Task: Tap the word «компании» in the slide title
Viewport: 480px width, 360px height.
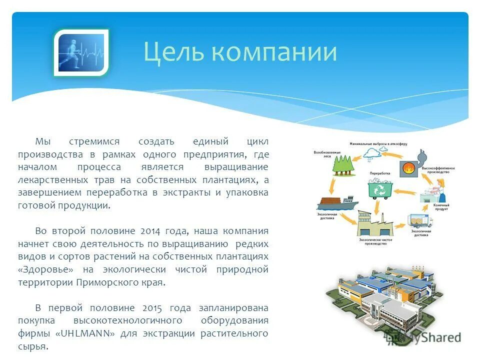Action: click(x=273, y=52)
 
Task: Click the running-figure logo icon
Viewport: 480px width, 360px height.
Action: click(x=81, y=53)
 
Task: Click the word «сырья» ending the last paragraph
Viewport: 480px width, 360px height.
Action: click(x=33, y=346)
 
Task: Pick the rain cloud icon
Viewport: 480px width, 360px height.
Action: click(x=373, y=153)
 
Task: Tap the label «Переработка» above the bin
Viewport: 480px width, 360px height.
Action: click(x=379, y=173)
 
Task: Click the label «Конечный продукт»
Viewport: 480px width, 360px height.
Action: click(x=441, y=207)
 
